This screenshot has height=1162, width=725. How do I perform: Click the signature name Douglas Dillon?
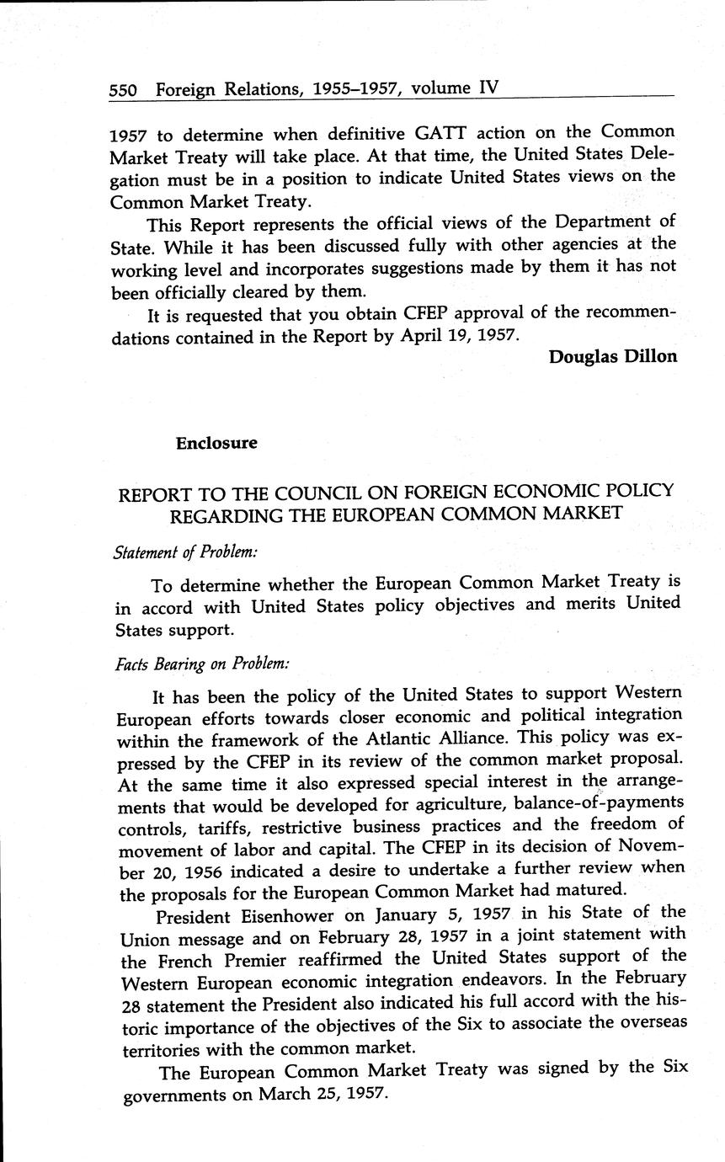(612, 356)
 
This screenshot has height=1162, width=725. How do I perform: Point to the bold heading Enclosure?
(216, 443)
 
